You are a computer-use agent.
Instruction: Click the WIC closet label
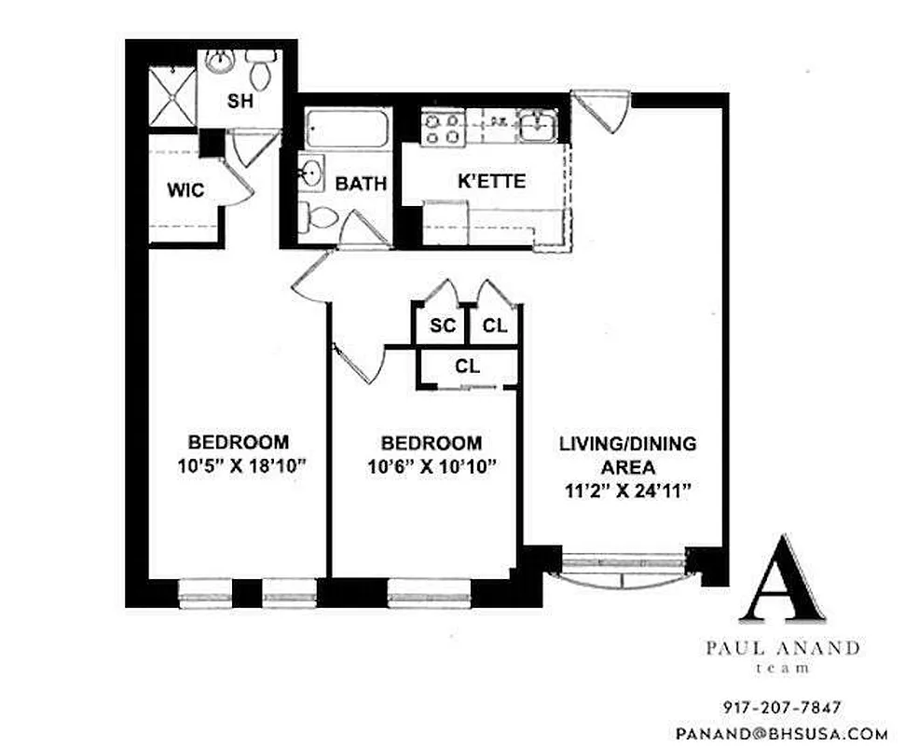185,190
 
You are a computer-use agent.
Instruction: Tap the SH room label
240,102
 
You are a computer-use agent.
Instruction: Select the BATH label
361,184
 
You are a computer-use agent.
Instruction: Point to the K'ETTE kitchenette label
491,181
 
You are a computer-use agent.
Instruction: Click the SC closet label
442,326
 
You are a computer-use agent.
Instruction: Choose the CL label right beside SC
495,326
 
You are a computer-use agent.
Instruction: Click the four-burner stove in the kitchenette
441,128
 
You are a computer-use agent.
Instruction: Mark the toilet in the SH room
260,67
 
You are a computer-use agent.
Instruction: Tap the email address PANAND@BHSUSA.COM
781,733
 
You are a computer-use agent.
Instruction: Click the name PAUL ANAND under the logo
781,649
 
